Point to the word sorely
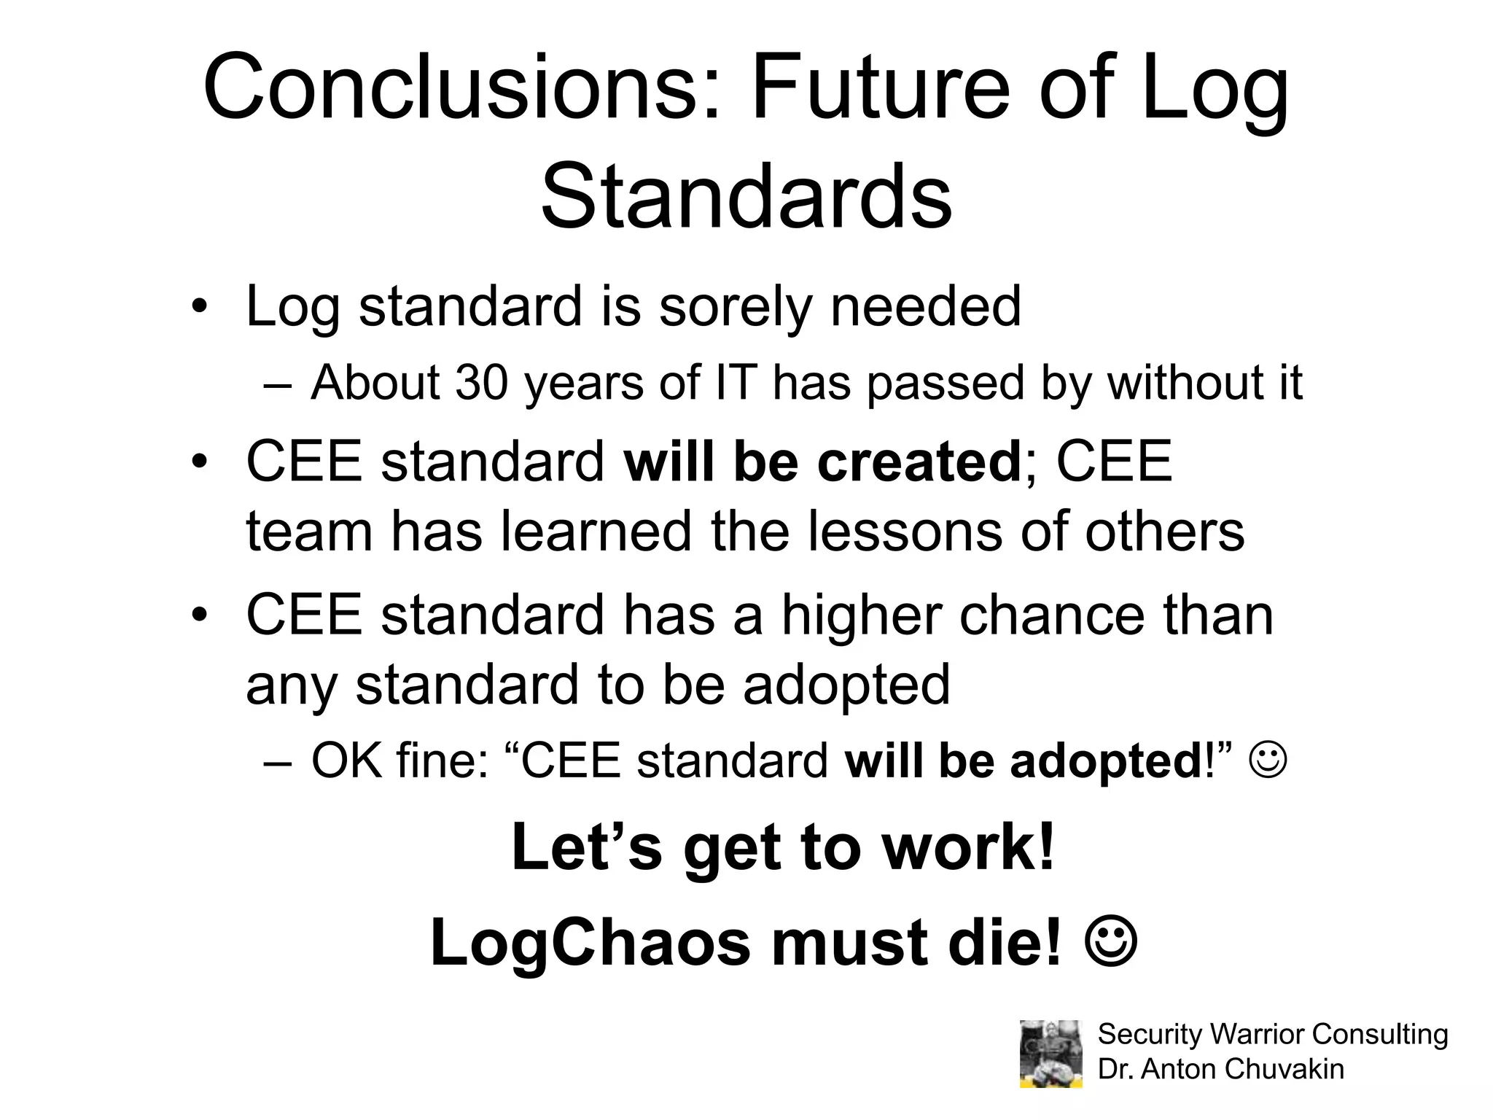(x=735, y=306)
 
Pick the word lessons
(x=905, y=531)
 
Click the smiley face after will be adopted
(x=1268, y=760)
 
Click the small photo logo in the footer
(x=1050, y=1053)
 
